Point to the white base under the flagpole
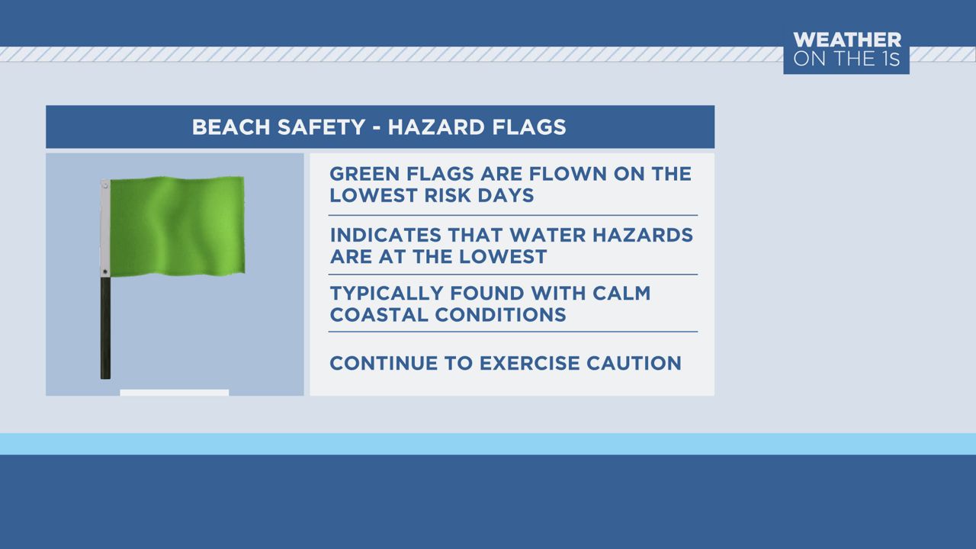pyautogui.click(x=175, y=393)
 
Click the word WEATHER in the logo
pyautogui.click(x=846, y=40)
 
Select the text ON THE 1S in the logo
pyautogui.click(x=846, y=58)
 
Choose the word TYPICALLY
pyautogui.click(x=386, y=294)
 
